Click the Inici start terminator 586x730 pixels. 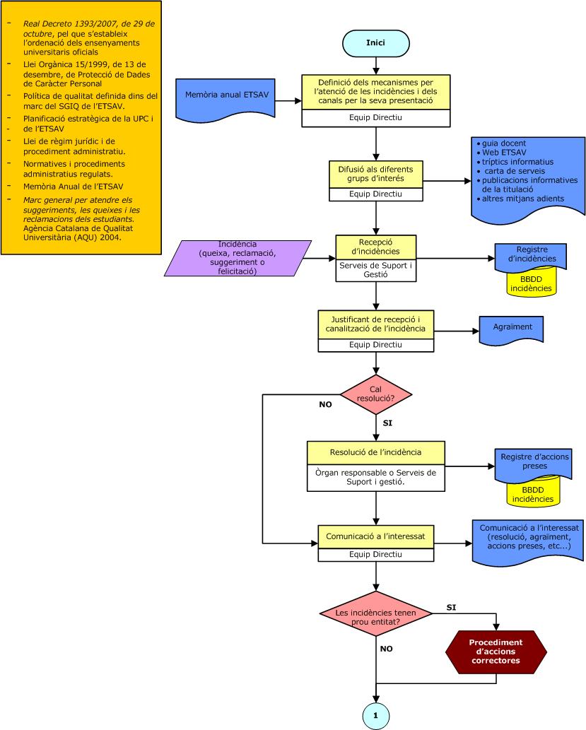coord(375,43)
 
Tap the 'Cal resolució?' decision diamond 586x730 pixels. coord(375,394)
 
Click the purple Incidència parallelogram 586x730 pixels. coord(238,258)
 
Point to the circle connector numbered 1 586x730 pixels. coord(375,715)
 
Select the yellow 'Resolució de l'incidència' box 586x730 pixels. coord(375,452)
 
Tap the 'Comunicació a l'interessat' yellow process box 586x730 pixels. coord(375,536)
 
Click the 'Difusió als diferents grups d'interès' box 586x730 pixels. coord(375,174)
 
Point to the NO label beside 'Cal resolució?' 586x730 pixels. coord(324,406)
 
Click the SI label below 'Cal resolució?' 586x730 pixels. coord(387,423)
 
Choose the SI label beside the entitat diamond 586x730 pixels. coord(452,607)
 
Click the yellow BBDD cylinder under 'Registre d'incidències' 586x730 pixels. coord(532,284)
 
